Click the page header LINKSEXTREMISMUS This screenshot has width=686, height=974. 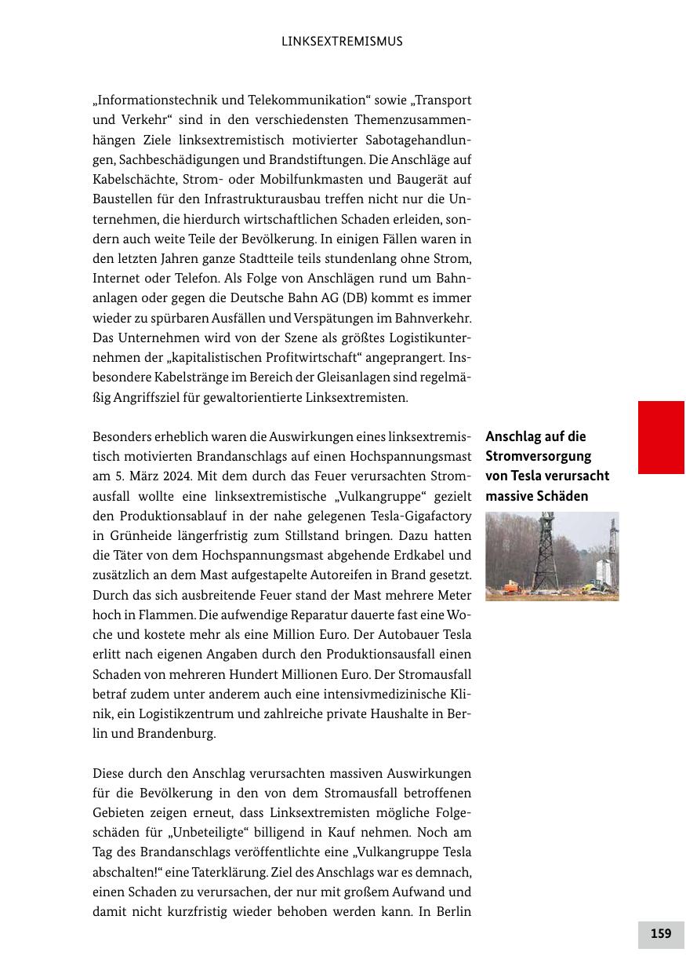click(x=342, y=42)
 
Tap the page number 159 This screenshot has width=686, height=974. click(x=661, y=934)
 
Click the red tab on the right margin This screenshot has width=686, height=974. click(x=661, y=437)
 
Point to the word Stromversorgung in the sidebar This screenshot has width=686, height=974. click(x=539, y=456)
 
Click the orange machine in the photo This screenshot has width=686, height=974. click(x=511, y=588)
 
